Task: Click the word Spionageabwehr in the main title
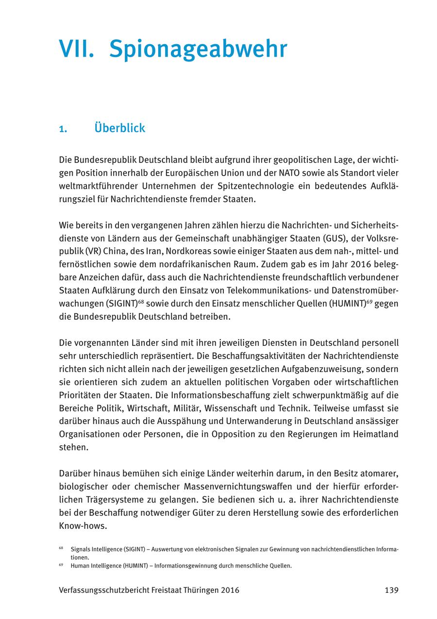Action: pos(198,49)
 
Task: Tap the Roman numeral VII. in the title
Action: pos(77,49)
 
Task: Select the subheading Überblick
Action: pos(120,128)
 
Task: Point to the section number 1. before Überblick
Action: pos(63,129)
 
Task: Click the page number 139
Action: pos(391,590)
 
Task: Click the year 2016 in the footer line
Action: pos(230,590)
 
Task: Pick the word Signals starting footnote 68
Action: pos(81,549)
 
